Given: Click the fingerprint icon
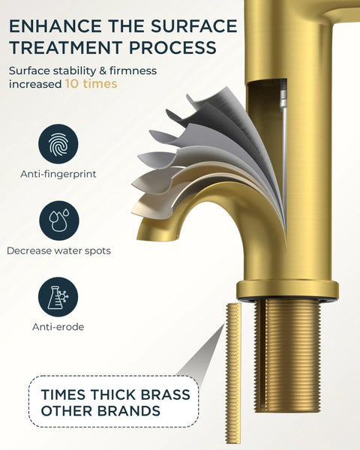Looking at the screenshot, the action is pyautogui.click(x=58, y=144).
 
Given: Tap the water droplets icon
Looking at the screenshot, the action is pyautogui.click(x=58, y=220).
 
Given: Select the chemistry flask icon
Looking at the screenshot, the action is pyautogui.click(x=58, y=297).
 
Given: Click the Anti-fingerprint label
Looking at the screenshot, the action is pyautogui.click(x=58, y=174).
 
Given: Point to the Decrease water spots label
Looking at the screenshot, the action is pyautogui.click(x=58, y=250).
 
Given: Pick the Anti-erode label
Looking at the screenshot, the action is pyautogui.click(x=58, y=327).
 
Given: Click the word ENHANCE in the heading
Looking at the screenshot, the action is pyautogui.click(x=55, y=26).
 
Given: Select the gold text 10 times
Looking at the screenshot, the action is pyautogui.click(x=91, y=84).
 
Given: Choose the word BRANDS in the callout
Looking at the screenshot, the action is pyautogui.click(x=128, y=411).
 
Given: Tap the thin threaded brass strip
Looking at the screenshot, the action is pyautogui.click(x=233, y=373).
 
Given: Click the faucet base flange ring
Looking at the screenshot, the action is pyautogui.click(x=288, y=289).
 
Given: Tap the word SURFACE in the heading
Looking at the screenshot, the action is pyautogui.click(x=193, y=26).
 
